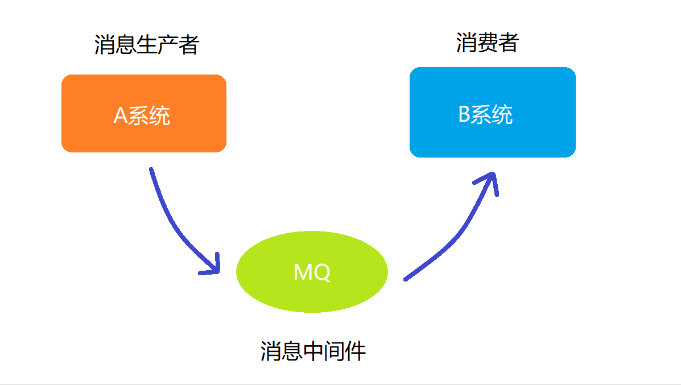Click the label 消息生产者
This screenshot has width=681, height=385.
(x=146, y=45)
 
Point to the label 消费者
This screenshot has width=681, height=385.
(x=488, y=43)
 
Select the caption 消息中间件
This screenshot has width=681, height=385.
(x=313, y=351)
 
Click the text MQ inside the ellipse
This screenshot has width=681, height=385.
(x=312, y=272)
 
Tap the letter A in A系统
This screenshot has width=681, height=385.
(x=120, y=116)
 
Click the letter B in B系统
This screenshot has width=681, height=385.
(x=464, y=115)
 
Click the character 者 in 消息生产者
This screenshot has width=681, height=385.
(x=188, y=45)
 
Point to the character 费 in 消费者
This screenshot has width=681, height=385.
(x=488, y=43)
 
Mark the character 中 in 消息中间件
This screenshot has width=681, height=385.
(x=313, y=351)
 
